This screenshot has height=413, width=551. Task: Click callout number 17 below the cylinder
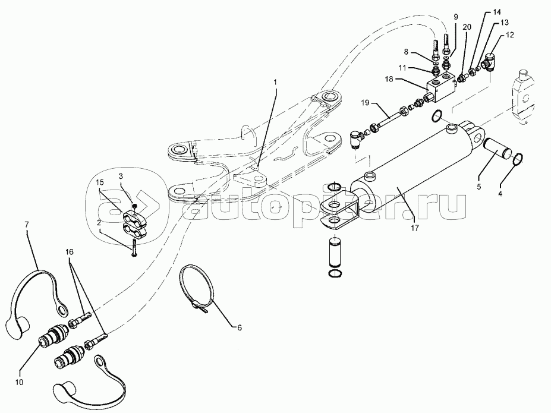(x=415, y=228)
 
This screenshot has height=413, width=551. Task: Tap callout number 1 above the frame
(x=276, y=82)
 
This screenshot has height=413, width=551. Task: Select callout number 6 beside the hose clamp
(x=240, y=327)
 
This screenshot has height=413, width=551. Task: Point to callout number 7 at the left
(x=27, y=224)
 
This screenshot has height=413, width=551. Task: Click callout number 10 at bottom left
(x=20, y=382)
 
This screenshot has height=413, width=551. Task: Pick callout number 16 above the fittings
(x=69, y=252)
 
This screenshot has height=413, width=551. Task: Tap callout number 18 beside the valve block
(x=389, y=79)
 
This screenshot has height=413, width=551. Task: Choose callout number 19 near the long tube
(x=365, y=103)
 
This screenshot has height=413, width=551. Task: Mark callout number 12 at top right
(x=509, y=35)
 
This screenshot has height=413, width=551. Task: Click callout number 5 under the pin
(x=478, y=187)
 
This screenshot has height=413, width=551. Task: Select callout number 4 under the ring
(x=500, y=194)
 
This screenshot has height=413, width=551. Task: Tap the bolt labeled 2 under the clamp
(x=134, y=249)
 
